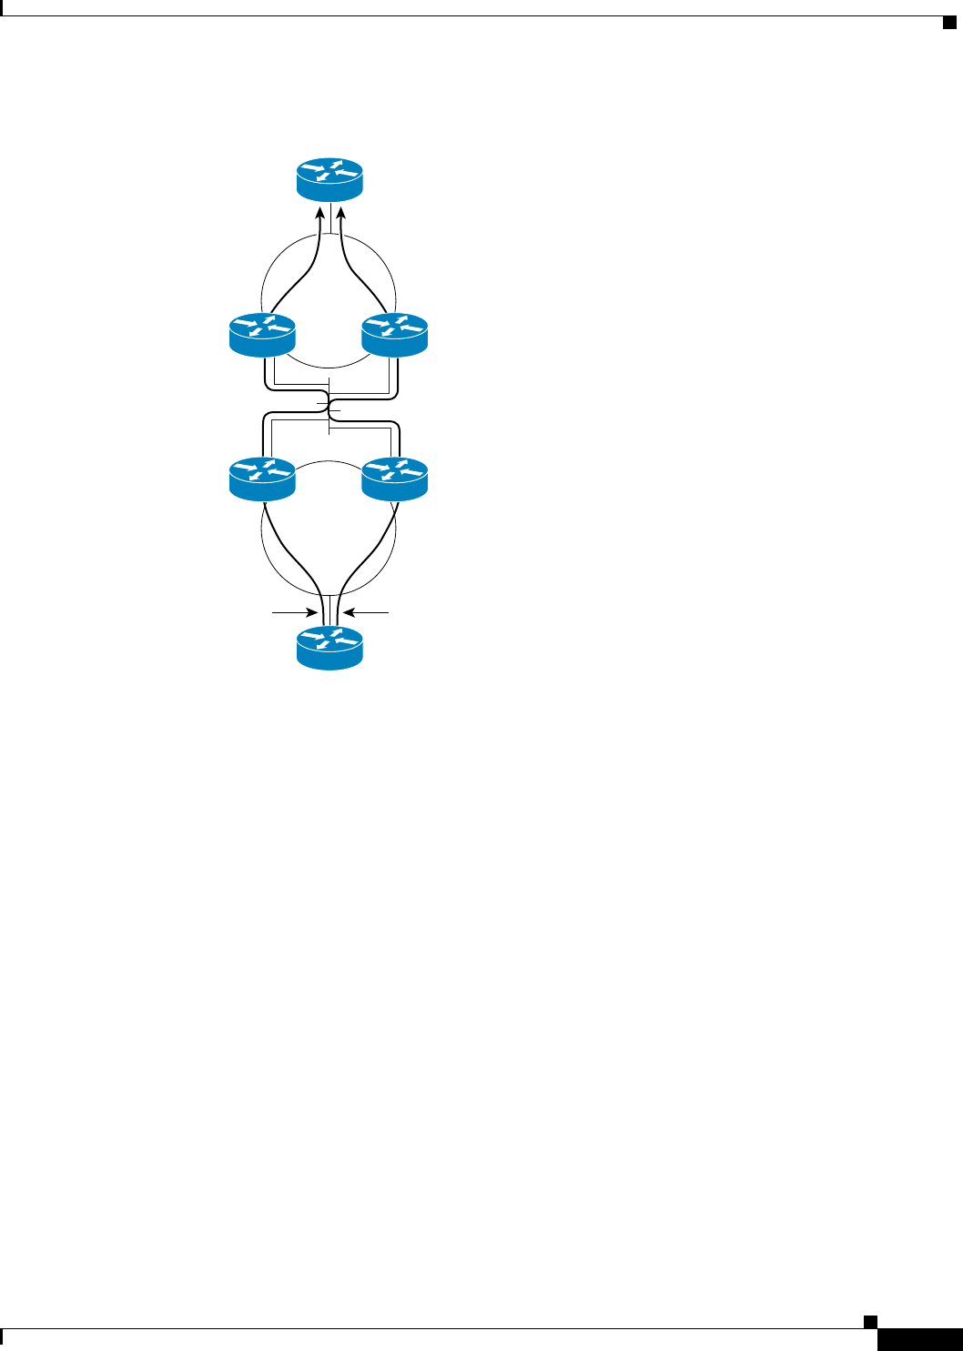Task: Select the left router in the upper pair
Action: pyautogui.click(x=263, y=334)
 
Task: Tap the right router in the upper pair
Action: pyautogui.click(x=394, y=334)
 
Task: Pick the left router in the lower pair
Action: pyautogui.click(x=263, y=479)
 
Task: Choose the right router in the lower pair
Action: pyautogui.click(x=394, y=479)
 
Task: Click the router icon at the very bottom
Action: pyautogui.click(x=329, y=649)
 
